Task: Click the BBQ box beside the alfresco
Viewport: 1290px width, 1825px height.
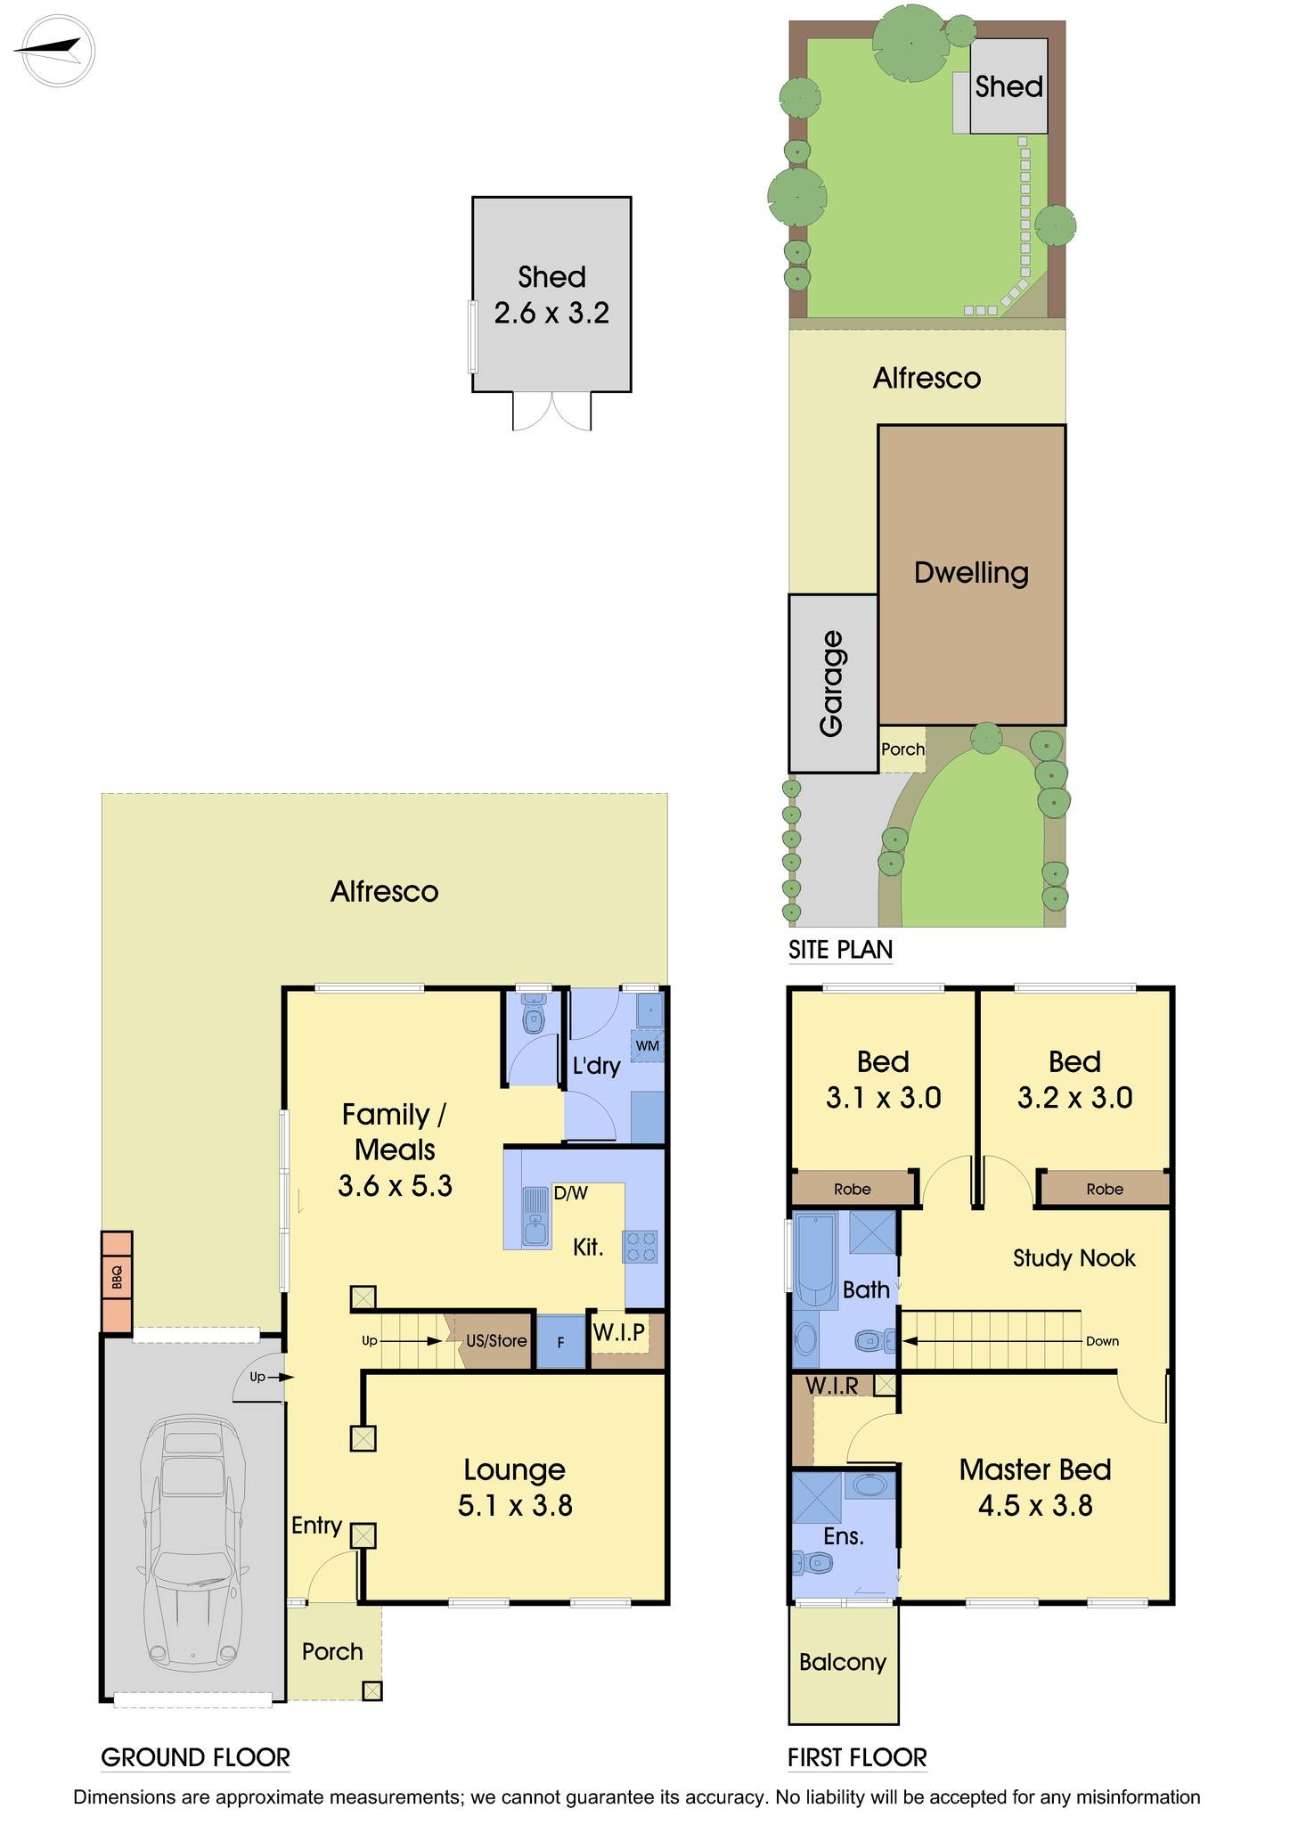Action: (117, 1281)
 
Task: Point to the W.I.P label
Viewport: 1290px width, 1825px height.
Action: (618, 1334)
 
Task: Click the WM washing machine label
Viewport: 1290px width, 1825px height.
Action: (648, 1044)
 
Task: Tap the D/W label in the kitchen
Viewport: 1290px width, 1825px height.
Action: (570, 1192)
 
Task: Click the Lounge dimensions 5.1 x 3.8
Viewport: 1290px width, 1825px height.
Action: (515, 1505)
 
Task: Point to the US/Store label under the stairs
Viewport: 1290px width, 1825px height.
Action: (496, 1340)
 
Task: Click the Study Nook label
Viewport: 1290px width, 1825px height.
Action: (1074, 1258)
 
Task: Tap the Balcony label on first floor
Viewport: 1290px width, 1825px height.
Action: (842, 1662)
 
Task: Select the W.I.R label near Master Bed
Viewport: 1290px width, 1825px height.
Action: (831, 1386)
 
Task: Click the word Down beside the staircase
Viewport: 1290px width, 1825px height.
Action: (1101, 1341)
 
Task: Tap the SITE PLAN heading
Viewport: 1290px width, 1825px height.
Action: (840, 950)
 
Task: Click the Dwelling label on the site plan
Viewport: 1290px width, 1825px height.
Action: (971, 572)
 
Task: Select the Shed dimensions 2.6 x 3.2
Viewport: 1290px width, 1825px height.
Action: (551, 314)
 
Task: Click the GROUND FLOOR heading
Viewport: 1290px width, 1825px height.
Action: (195, 1757)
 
